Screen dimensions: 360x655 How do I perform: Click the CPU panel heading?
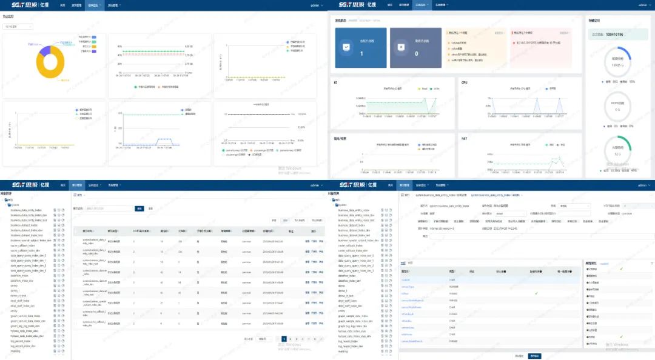click(x=465, y=82)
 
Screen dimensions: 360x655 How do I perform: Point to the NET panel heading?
click(x=465, y=139)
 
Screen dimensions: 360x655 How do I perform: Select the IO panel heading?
click(x=335, y=82)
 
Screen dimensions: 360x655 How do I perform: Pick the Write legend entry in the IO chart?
click(x=435, y=88)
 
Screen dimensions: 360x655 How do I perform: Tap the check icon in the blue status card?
click(x=346, y=46)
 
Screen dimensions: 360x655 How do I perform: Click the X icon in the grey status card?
click(x=400, y=46)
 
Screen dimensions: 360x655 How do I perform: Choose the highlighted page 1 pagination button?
click(x=284, y=339)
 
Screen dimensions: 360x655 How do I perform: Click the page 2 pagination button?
click(x=290, y=339)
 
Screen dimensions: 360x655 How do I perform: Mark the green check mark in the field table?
click(x=536, y=293)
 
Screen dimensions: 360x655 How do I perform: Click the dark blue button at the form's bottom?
click(x=534, y=356)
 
